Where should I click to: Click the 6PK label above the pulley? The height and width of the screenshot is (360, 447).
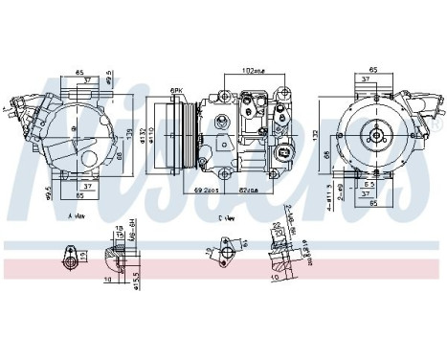click(176, 90)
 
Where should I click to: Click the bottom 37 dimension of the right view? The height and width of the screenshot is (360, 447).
click(368, 191)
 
